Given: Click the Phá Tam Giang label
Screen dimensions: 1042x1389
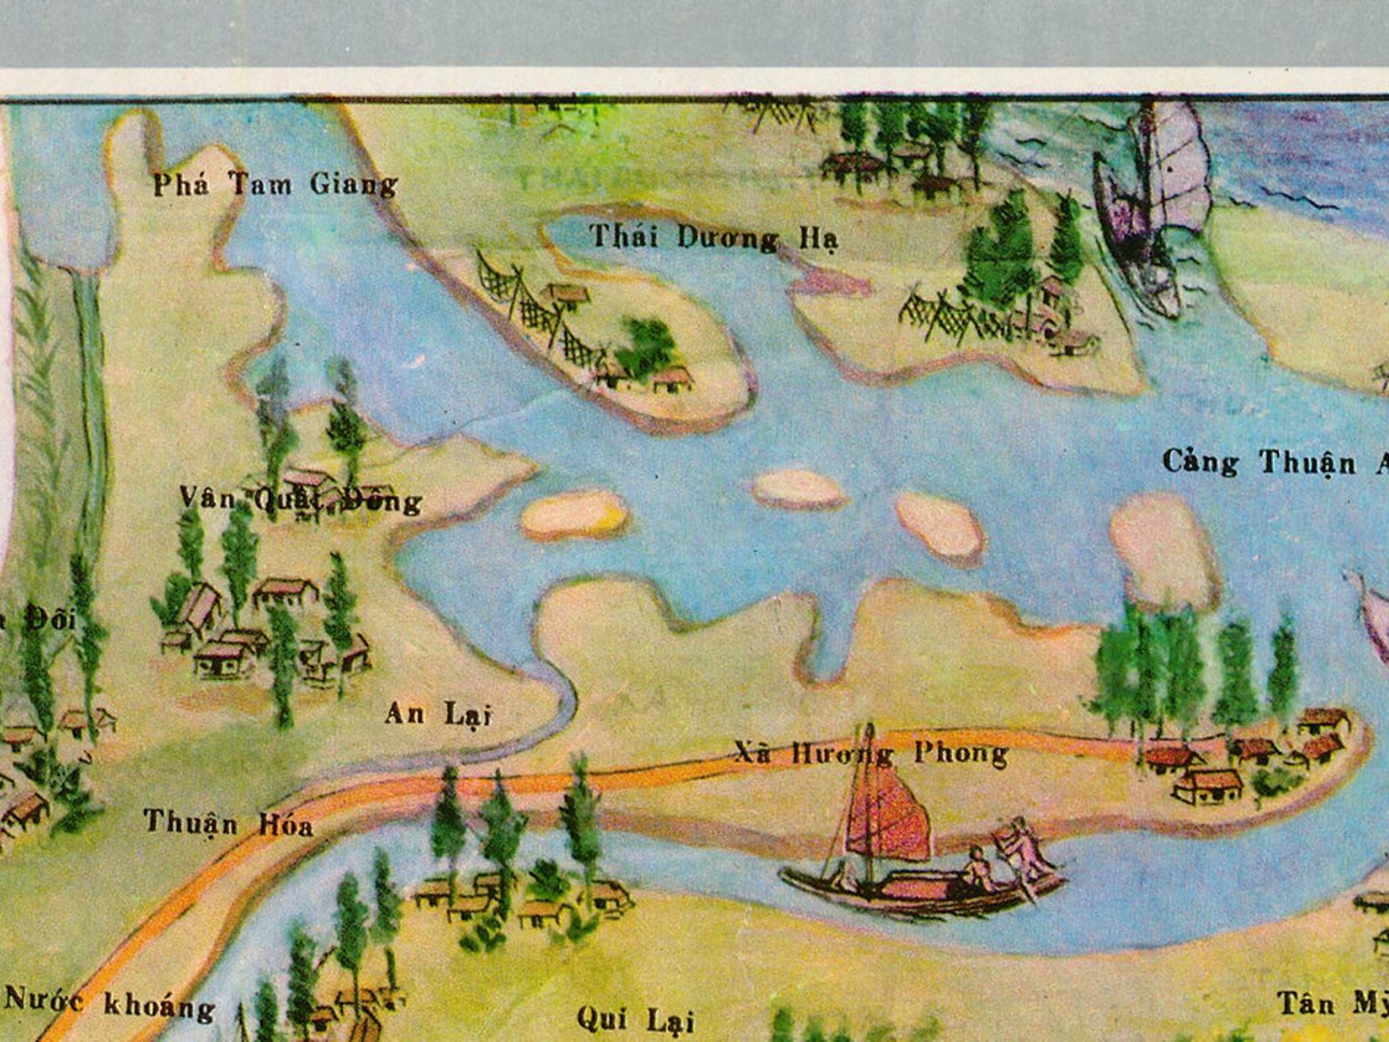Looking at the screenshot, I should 275,185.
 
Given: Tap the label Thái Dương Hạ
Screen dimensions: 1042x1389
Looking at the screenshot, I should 714,237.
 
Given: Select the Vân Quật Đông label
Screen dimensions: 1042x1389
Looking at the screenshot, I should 300,500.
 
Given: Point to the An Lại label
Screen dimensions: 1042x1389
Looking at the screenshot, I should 437,715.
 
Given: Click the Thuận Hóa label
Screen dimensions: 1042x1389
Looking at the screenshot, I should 228,823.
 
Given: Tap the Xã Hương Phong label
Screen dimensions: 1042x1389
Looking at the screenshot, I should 870,753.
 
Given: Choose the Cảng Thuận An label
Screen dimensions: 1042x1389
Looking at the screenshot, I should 1274,462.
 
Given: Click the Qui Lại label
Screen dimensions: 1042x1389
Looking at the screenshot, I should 635,1020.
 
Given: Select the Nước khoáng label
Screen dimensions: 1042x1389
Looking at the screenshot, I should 109,1004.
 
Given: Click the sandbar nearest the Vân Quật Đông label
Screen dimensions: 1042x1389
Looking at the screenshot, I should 574,514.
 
